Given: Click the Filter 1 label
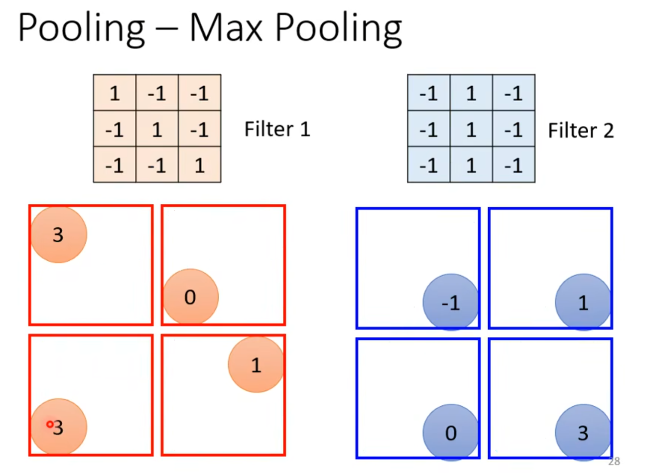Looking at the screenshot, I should coord(277,130).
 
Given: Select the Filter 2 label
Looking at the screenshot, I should coord(581,131).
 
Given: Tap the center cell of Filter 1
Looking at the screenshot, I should coord(157,130).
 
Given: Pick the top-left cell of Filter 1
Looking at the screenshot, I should coord(115,93).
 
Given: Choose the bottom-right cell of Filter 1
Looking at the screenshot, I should coord(200,165).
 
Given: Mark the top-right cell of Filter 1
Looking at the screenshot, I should coord(200,93).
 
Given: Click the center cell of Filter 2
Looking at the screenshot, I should coord(471,130).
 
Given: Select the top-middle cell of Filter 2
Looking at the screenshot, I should coord(471,93).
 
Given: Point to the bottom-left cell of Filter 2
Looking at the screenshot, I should coord(428,165).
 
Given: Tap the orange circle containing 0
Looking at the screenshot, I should coord(191,297).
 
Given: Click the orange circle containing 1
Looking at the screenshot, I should coord(256,364).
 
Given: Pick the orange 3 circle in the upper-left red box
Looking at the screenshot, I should coord(59,234).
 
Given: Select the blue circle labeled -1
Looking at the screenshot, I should coord(450,302).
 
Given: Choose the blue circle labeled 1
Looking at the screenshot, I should coord(583,302).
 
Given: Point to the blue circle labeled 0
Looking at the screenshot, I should coord(450,432).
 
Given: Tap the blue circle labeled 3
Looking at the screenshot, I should coord(583,432).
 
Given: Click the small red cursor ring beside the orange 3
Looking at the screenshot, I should coord(50,424).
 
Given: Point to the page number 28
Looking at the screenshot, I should coord(614,462).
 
